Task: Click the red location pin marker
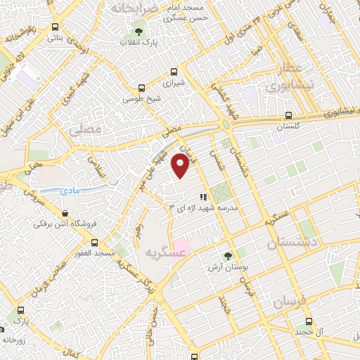click(x=181, y=166)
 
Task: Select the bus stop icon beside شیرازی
click(x=174, y=72)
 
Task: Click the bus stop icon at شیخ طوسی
click(x=141, y=88)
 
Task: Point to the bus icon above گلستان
click(x=288, y=116)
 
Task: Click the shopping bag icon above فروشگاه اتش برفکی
click(x=65, y=213)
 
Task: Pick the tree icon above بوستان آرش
click(x=226, y=257)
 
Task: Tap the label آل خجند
click(x=309, y=330)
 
